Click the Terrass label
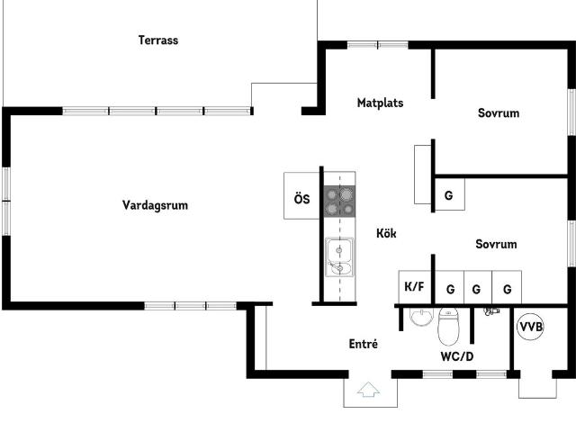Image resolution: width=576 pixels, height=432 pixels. (158, 40)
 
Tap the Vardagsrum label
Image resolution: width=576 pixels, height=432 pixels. (155, 205)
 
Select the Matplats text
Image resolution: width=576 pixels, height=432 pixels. (380, 103)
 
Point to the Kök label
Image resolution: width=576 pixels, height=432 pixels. (386, 233)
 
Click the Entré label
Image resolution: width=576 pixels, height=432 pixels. (364, 344)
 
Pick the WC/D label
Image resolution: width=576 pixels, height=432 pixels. (457, 356)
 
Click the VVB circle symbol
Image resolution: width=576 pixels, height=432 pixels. (530, 326)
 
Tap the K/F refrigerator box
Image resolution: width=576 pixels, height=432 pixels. (415, 287)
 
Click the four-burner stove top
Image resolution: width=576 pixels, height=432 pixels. (339, 201)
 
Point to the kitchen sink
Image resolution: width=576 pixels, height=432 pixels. (339, 257)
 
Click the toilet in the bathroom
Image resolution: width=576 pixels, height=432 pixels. (448, 326)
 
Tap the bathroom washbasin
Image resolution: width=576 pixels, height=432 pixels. (421, 317)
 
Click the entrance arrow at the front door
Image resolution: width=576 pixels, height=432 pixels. (368, 390)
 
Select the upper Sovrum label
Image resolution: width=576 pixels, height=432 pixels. (499, 112)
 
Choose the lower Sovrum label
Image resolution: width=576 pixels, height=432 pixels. (496, 244)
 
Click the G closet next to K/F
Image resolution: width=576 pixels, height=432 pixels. (450, 287)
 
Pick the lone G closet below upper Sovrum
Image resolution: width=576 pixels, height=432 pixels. (450, 194)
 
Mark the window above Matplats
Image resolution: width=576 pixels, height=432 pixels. (378, 45)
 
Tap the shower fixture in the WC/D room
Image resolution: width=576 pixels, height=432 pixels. (491, 312)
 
